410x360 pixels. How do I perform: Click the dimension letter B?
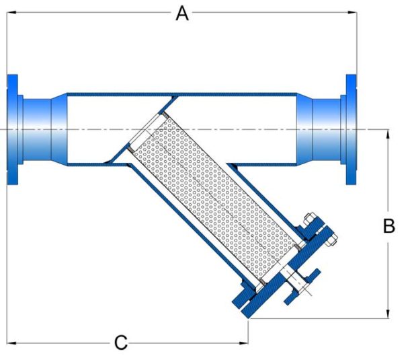[388, 226]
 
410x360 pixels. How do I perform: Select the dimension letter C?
[120, 343]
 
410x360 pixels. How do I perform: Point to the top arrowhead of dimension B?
[388, 133]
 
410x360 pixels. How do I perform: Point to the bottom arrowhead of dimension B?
[388, 313]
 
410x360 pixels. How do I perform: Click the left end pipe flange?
[13, 129]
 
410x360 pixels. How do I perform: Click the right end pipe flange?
[352, 129]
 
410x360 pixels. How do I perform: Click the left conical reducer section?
[55, 129]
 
